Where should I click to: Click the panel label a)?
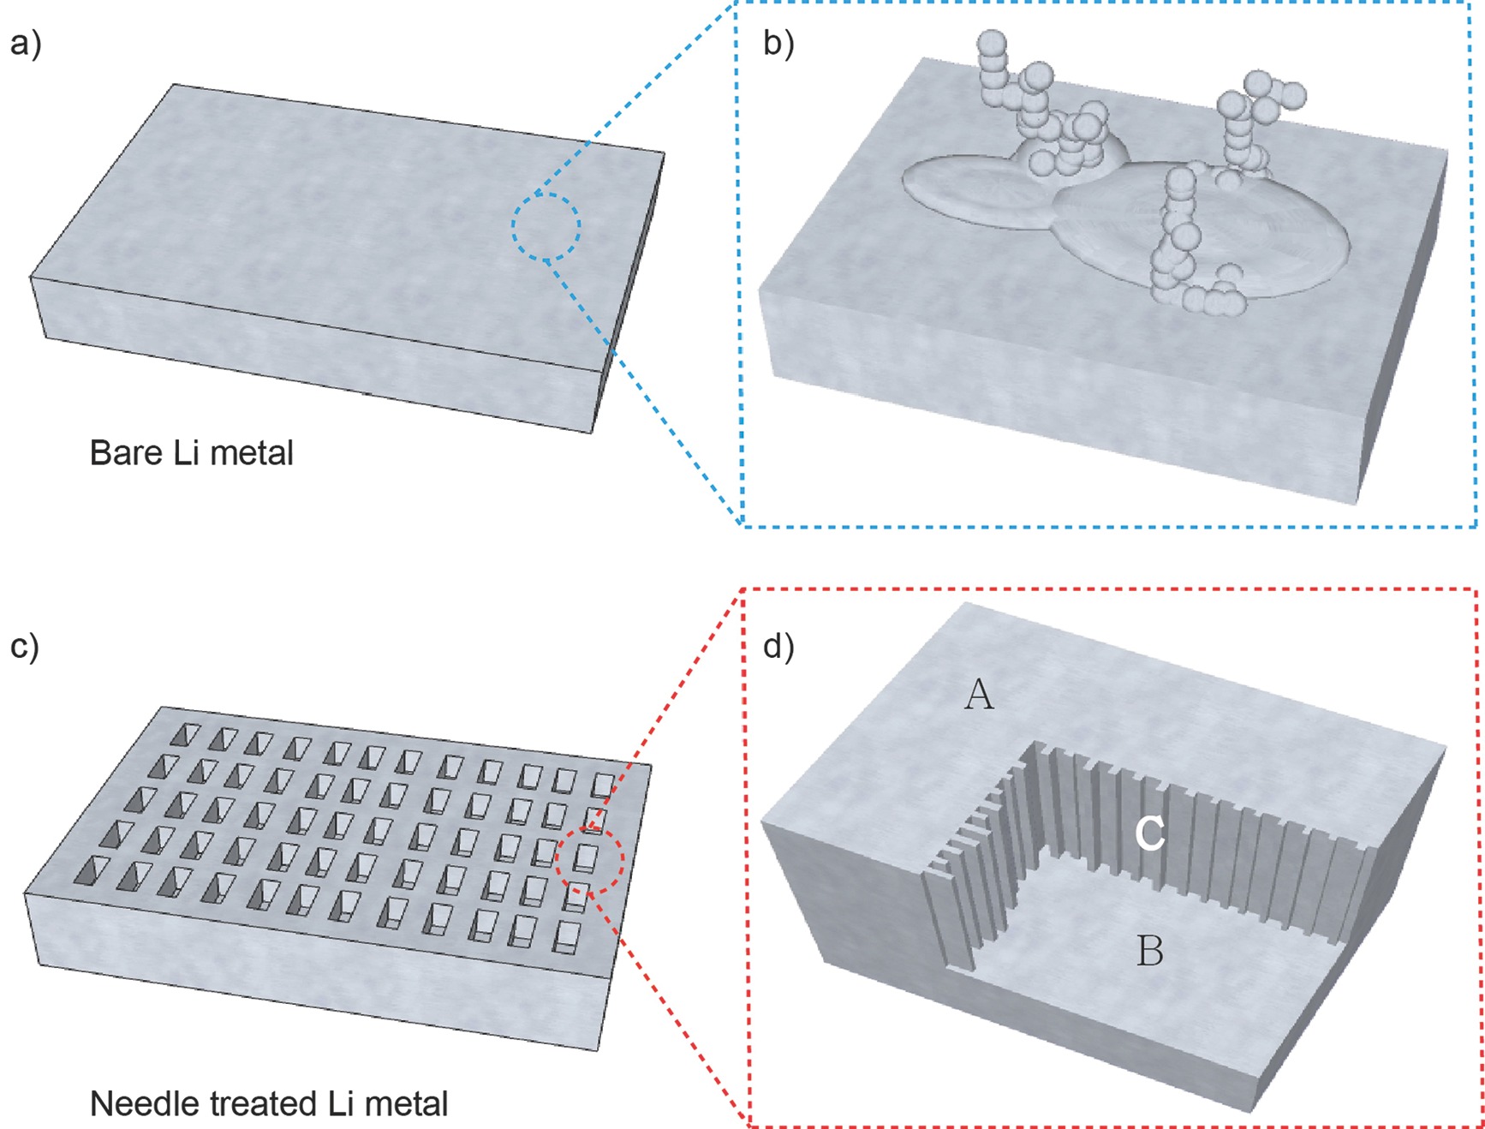pyautogui.click(x=25, y=43)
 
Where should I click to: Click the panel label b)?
pyautogui.click(x=778, y=43)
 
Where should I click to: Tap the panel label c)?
pyautogui.click(x=25, y=646)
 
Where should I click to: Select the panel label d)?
pyautogui.click(x=778, y=646)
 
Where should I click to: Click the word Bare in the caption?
pyautogui.click(x=126, y=453)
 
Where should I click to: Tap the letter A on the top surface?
pyautogui.click(x=979, y=695)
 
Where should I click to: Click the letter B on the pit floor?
pyautogui.click(x=1149, y=951)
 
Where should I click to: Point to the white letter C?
pyautogui.click(x=1149, y=833)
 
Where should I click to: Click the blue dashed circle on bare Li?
pyautogui.click(x=546, y=226)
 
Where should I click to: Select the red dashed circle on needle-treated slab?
pyautogui.click(x=589, y=860)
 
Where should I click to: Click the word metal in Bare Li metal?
pyautogui.click(x=252, y=453)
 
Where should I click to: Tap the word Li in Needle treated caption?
pyautogui.click(x=340, y=1104)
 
